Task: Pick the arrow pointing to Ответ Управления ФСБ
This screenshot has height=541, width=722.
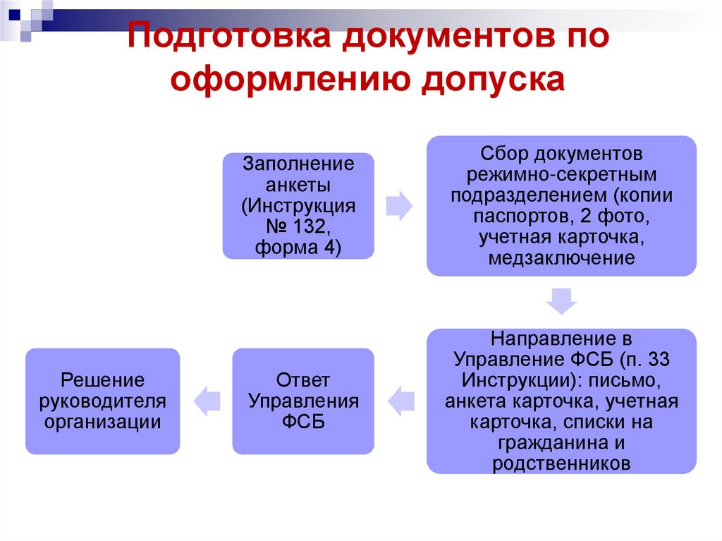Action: coord(400,401)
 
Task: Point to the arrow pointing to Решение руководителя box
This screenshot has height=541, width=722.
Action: coord(206,401)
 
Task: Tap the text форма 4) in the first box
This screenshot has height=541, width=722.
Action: coord(298,248)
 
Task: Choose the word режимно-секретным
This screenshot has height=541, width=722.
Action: coord(561,174)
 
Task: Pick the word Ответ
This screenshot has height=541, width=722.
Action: coord(303,381)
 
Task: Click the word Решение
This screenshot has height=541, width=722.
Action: coord(103,381)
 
